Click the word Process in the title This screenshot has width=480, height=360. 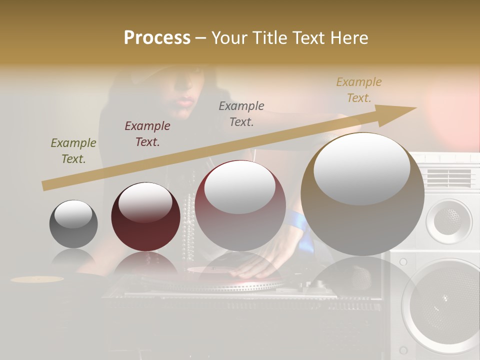[x=157, y=37]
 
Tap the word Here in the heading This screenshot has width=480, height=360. [x=348, y=37]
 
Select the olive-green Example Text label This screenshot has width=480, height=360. [x=73, y=151]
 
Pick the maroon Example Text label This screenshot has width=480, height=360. [x=147, y=134]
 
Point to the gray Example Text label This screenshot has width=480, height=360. [x=241, y=114]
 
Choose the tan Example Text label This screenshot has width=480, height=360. [x=359, y=90]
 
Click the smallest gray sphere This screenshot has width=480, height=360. [x=73, y=224]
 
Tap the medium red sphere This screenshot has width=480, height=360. [x=240, y=205]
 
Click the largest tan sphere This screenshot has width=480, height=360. [x=362, y=194]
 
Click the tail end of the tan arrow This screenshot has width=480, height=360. [x=45, y=186]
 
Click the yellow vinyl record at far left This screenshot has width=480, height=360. [x=37, y=279]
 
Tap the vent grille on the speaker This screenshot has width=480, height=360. [x=448, y=177]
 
